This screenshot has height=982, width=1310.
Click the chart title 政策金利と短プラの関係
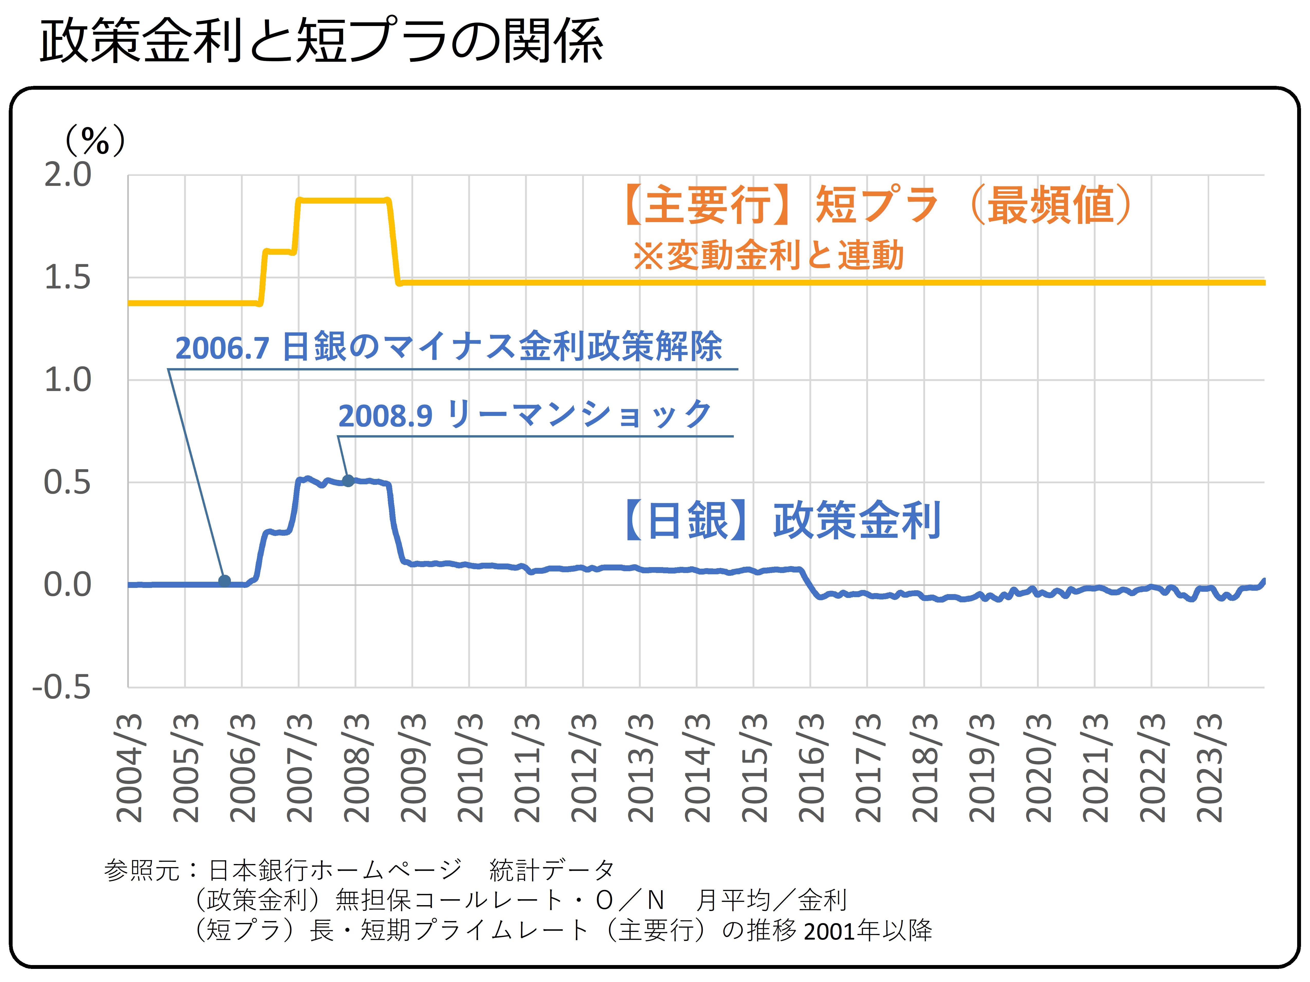click(321, 41)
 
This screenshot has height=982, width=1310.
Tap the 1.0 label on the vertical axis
click(68, 380)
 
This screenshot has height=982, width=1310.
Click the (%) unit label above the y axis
click(95, 141)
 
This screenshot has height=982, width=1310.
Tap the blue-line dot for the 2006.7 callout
click(224, 581)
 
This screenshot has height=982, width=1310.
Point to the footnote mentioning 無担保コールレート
click(521, 900)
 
